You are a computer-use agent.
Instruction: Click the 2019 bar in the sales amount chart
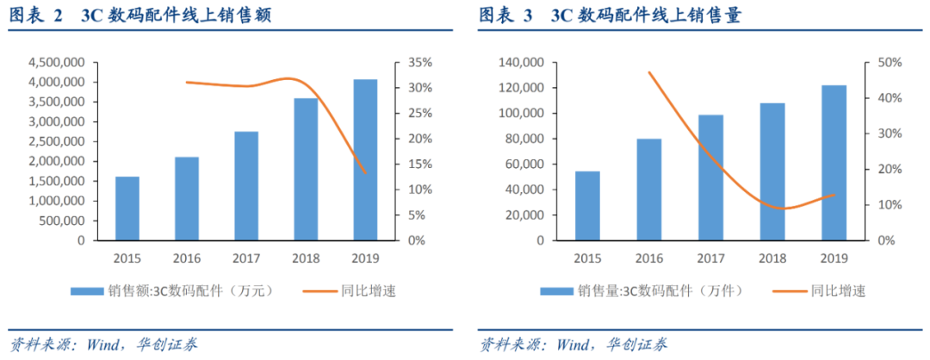pyautogui.click(x=365, y=160)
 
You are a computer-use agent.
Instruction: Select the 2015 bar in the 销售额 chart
pyautogui.click(x=127, y=208)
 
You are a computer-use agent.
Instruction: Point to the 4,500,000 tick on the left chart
pyautogui.click(x=56, y=63)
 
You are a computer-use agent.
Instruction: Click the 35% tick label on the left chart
pyautogui.click(x=408, y=63)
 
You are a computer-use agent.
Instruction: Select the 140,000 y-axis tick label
pyautogui.click(x=523, y=63)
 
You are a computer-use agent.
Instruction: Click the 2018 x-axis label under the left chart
pyautogui.click(x=307, y=258)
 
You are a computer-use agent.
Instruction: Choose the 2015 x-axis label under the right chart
pyautogui.click(x=588, y=258)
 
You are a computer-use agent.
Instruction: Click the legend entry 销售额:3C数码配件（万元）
pyautogui.click(x=172, y=290)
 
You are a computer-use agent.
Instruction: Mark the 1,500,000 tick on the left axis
pyautogui.click(x=56, y=181)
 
